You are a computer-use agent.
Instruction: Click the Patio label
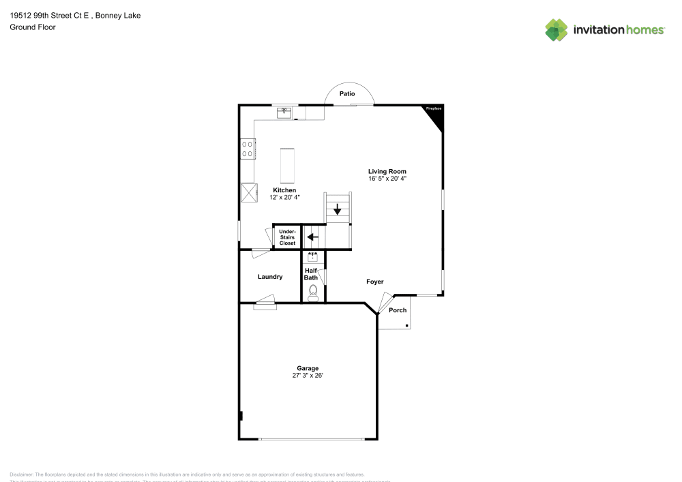pos(348,93)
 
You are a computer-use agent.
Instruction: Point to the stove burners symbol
pos(248,149)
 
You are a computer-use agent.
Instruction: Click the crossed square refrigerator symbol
pos(249,193)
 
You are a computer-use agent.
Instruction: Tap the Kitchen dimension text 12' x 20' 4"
pos(284,197)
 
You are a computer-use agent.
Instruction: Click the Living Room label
pos(387,171)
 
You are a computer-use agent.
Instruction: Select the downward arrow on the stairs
pos(338,209)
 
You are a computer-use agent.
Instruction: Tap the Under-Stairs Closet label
pos(287,237)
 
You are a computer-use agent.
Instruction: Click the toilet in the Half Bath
pos(314,293)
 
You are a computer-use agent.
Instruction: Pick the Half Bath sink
pos(313,257)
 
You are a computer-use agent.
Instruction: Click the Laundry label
pos(270,277)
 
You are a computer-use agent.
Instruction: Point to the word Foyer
pos(374,282)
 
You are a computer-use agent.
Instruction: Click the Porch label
pos(398,310)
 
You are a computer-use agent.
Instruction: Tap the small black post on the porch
pos(407,326)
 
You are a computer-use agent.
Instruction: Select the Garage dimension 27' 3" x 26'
pos(307,376)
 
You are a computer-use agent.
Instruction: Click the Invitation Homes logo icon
pos(557,29)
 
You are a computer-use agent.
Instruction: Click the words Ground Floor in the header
pos(33,27)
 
